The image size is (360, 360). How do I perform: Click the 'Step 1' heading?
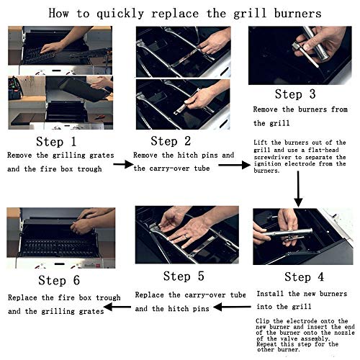click(x=56, y=141)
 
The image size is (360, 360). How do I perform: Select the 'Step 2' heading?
click(x=171, y=141)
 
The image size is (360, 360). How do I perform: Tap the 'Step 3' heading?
click(x=295, y=94)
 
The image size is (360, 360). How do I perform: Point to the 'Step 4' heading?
click(x=304, y=276)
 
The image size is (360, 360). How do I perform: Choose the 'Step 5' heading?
click(x=184, y=276)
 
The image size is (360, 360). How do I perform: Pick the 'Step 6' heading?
click(x=59, y=280)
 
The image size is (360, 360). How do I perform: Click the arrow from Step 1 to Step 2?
click(x=123, y=164)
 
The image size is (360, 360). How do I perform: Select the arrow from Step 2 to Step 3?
click(x=234, y=165)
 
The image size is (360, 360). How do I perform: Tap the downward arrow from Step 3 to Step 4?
click(x=298, y=189)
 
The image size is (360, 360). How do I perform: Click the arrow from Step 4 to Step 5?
click(x=232, y=307)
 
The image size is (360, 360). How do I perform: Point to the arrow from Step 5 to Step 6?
click(x=117, y=307)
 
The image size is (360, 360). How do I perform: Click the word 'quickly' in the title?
click(x=120, y=14)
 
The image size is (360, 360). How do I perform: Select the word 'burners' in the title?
click(x=297, y=13)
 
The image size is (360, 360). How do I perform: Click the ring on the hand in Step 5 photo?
click(x=186, y=236)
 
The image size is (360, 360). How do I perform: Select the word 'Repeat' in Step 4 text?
click(x=266, y=345)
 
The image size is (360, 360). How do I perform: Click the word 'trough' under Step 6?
click(x=108, y=298)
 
